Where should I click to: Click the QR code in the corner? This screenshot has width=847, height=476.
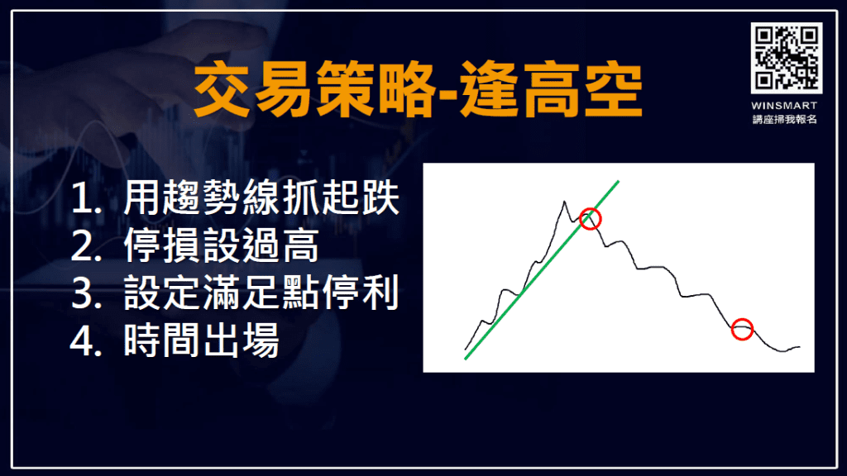[786, 58]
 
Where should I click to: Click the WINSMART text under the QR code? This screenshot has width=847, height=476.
[786, 105]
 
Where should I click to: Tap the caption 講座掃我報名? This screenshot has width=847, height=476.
[786, 120]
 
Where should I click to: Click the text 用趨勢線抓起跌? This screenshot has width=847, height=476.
[262, 201]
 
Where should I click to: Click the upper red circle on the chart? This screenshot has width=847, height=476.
[591, 218]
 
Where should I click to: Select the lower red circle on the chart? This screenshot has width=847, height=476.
[743, 329]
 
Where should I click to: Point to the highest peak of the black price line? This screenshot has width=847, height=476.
[565, 201]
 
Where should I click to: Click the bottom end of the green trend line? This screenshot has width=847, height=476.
[466, 359]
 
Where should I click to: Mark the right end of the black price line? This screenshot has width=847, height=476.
[800, 347]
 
